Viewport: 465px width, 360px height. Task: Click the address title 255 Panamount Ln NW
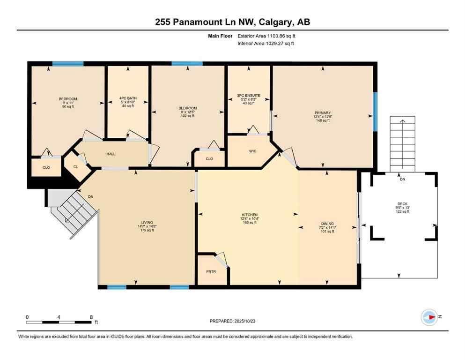point(232,22)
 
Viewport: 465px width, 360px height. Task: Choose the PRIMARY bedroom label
point(323,113)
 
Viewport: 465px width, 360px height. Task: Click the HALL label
point(111,154)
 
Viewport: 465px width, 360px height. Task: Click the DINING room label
point(327,224)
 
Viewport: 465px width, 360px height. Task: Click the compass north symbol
point(428,317)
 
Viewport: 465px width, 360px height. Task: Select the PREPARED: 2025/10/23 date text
point(232,321)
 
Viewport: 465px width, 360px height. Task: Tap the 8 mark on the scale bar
point(90,317)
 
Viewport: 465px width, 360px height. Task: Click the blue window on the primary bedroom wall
point(375,111)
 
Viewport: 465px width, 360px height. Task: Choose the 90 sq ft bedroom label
point(68,103)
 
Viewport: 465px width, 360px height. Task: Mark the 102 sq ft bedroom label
point(187,112)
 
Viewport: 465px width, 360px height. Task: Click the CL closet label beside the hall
point(75,166)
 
